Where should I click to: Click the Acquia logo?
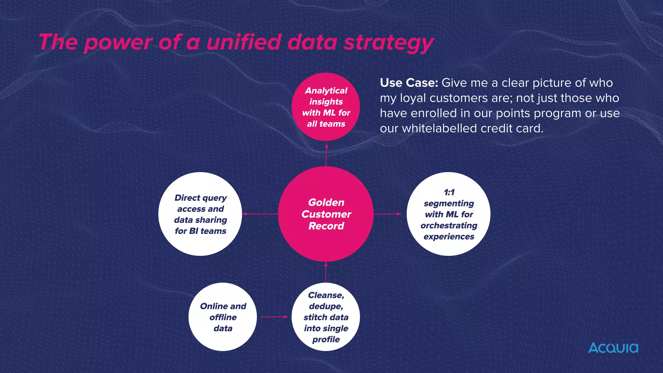pyautogui.click(x=613, y=348)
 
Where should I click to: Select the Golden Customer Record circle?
pyautogui.click(x=326, y=214)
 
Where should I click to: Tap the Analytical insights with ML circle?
pyautogui.click(x=326, y=107)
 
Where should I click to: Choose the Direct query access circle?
pyautogui.click(x=200, y=214)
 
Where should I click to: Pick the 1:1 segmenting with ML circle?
pyautogui.click(x=448, y=214)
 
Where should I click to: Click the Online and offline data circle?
pyautogui.click(x=223, y=317)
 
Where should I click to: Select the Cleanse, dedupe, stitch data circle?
pyautogui.click(x=326, y=317)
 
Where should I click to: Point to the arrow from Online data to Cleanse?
pyautogui.click(x=274, y=317)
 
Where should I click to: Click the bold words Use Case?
pyautogui.click(x=409, y=83)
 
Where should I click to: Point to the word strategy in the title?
pyautogui.click(x=388, y=43)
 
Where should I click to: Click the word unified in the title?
pyautogui.click(x=244, y=42)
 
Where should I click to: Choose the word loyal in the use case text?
pyautogui.click(x=413, y=98)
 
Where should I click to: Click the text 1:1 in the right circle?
pyautogui.click(x=449, y=192)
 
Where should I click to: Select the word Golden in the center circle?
pyautogui.click(x=326, y=202)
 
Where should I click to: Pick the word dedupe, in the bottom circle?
pyautogui.click(x=326, y=306)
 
